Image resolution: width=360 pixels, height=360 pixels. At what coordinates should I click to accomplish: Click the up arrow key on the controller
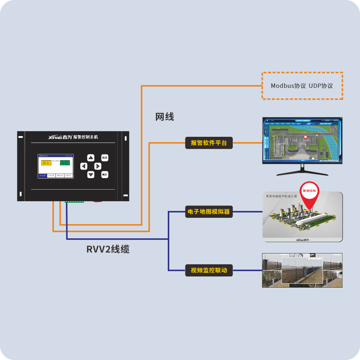(91, 158)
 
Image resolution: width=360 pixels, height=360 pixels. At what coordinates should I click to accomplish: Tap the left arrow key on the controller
(84, 166)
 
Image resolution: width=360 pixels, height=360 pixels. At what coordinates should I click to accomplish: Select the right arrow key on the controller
(98, 166)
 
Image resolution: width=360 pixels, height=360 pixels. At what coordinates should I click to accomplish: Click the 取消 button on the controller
(105, 158)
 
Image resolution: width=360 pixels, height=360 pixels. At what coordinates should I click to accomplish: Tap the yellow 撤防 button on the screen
(46, 163)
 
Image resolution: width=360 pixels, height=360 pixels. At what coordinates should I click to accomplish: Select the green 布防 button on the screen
(65, 163)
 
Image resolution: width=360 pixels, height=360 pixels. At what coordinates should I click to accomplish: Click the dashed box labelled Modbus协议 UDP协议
(302, 86)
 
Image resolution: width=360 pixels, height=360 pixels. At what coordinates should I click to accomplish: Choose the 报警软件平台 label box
(209, 143)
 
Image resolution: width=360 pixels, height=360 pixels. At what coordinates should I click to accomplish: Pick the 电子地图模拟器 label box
(209, 212)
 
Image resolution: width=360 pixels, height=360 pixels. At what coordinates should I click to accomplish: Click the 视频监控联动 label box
(209, 270)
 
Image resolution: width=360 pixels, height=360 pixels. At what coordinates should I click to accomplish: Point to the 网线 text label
(165, 117)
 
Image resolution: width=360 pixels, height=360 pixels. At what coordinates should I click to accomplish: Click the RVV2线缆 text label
(108, 249)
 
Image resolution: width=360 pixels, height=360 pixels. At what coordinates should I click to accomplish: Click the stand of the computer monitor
(302, 170)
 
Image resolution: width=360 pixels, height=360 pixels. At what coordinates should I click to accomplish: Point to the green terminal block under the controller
(74, 201)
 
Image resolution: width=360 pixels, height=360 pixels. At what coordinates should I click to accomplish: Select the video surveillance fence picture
(302, 270)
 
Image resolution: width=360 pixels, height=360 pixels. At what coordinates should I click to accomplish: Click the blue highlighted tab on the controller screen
(42, 175)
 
